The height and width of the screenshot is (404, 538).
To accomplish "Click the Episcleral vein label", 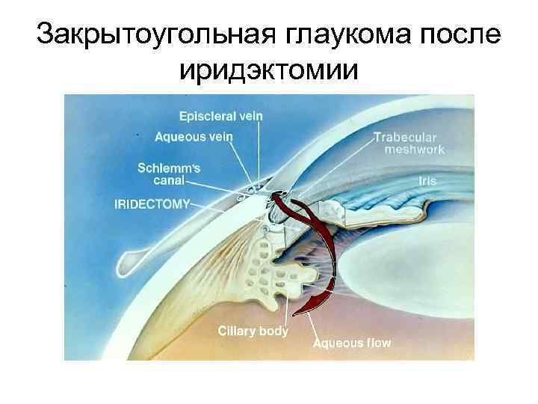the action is [x=220, y=117].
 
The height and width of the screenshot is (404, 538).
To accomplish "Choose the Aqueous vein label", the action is [x=194, y=136].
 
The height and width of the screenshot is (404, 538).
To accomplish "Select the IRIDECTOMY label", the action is [x=152, y=203].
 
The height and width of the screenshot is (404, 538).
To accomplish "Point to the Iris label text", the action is [x=428, y=180].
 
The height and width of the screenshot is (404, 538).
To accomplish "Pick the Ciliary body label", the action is [x=253, y=329].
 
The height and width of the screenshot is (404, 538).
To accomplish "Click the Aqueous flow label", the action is [x=351, y=343].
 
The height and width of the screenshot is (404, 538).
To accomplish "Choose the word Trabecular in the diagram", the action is [x=408, y=138].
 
